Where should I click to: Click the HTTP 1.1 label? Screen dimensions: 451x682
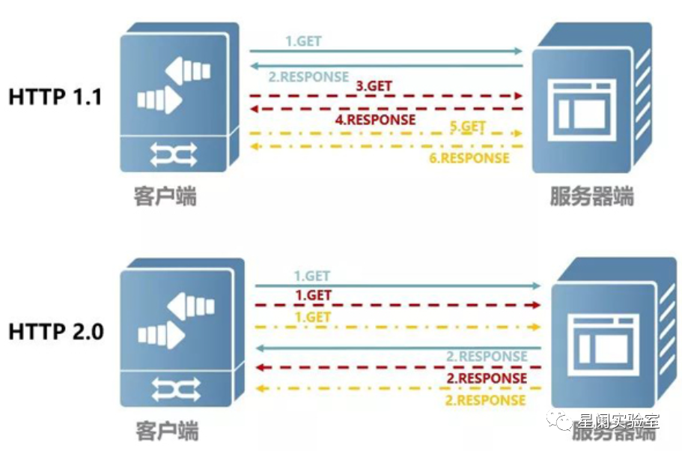(x=55, y=97)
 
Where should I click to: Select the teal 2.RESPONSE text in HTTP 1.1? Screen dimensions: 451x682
(x=308, y=76)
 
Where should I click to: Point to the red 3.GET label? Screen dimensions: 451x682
(x=374, y=86)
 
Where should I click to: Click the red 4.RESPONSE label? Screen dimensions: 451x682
(x=375, y=119)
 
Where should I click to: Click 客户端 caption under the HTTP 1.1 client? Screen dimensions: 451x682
(x=165, y=196)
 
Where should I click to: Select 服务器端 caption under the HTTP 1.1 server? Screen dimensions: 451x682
(x=591, y=196)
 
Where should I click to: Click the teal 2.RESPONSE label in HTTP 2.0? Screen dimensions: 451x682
(x=487, y=357)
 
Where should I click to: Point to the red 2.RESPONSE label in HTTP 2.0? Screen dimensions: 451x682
(x=487, y=378)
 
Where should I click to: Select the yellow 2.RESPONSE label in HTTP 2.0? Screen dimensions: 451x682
(x=487, y=400)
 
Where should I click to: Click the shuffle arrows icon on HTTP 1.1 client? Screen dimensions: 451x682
(x=173, y=154)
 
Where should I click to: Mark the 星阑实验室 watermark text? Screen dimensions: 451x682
(x=616, y=420)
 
